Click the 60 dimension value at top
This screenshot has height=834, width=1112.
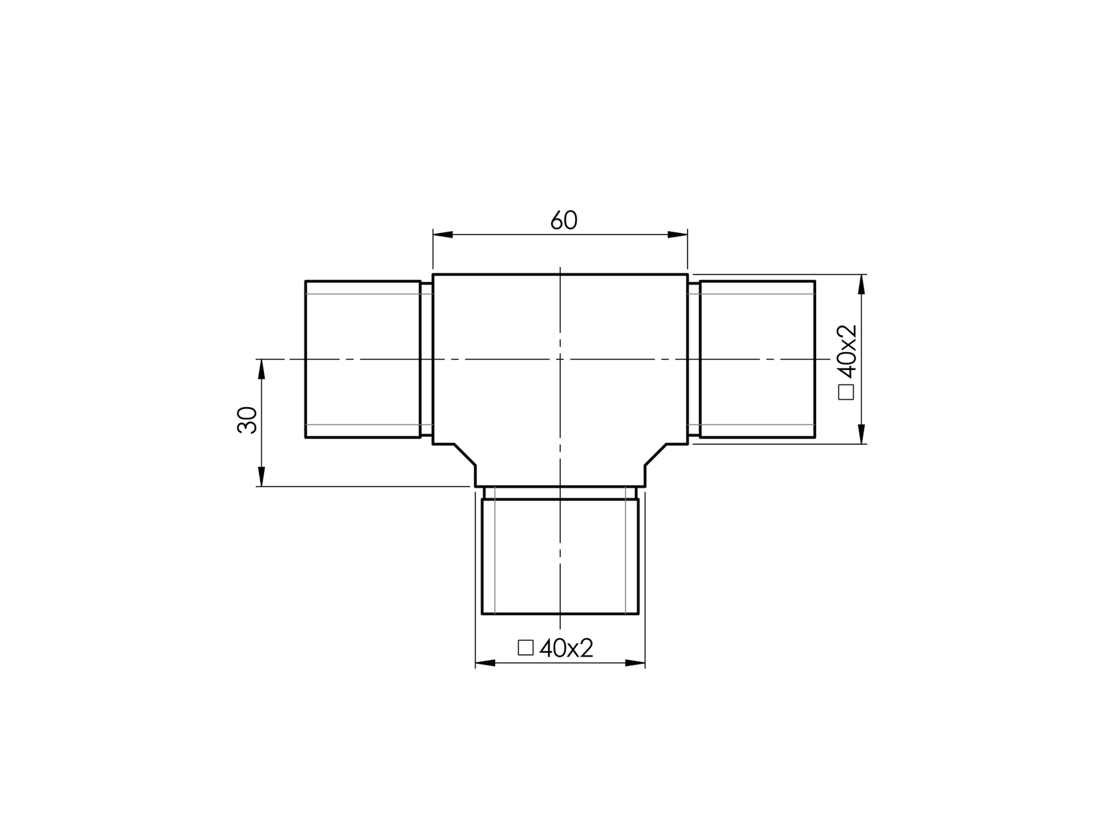[x=564, y=220]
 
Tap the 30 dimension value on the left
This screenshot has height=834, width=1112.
[x=247, y=420]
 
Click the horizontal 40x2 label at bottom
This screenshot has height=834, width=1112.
[x=566, y=648]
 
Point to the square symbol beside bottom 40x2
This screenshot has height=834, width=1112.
[x=526, y=647]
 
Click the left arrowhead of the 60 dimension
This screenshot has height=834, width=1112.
[x=443, y=234]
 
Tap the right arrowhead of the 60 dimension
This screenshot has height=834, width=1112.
[x=678, y=234]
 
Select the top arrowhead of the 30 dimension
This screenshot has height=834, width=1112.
[x=261, y=369]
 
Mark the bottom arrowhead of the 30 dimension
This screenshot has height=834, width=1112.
[x=261, y=477]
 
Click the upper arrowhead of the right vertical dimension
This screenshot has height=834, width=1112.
[x=861, y=284]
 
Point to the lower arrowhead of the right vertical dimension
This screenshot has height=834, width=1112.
[x=861, y=434]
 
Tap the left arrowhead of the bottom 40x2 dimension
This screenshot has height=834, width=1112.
[x=485, y=663]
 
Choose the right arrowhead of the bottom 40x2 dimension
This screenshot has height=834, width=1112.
[x=635, y=663]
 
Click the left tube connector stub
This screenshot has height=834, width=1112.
[x=363, y=359]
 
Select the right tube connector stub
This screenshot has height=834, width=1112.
[x=757, y=359]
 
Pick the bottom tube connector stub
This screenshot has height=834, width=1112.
[x=560, y=556]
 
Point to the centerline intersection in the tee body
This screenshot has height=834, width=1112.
[x=560, y=359]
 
